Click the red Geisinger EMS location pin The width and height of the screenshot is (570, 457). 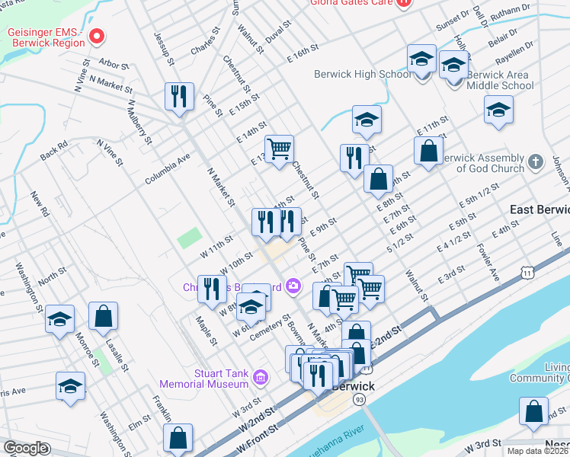point(96,35)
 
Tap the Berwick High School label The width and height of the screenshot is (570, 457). point(363,74)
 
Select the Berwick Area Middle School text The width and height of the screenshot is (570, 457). point(500,81)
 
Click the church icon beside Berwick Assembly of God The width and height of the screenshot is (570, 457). point(536,162)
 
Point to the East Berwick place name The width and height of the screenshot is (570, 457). point(540,209)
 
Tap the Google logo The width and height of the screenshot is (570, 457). point(25,448)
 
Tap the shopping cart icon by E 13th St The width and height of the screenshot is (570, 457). point(280,149)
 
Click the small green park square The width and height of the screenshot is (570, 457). point(190,238)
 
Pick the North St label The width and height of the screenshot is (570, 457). point(52,278)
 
